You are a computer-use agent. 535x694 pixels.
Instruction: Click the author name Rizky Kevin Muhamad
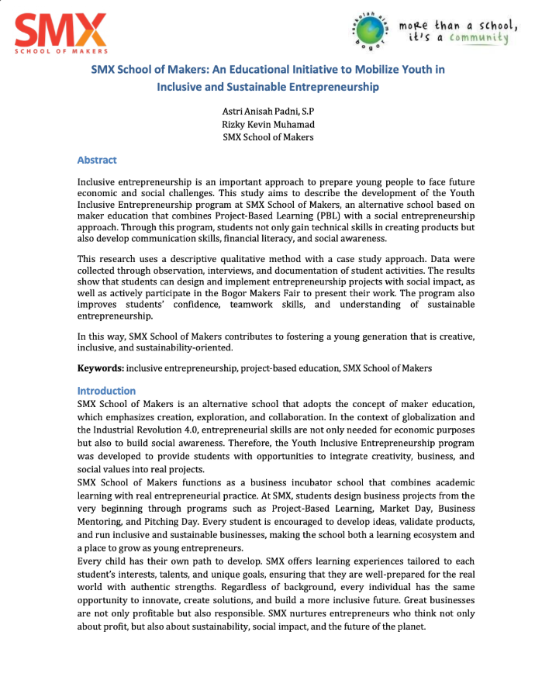click(x=267, y=125)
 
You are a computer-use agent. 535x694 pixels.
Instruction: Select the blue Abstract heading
click(x=97, y=161)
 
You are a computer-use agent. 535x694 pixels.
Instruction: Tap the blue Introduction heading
click(x=106, y=391)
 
